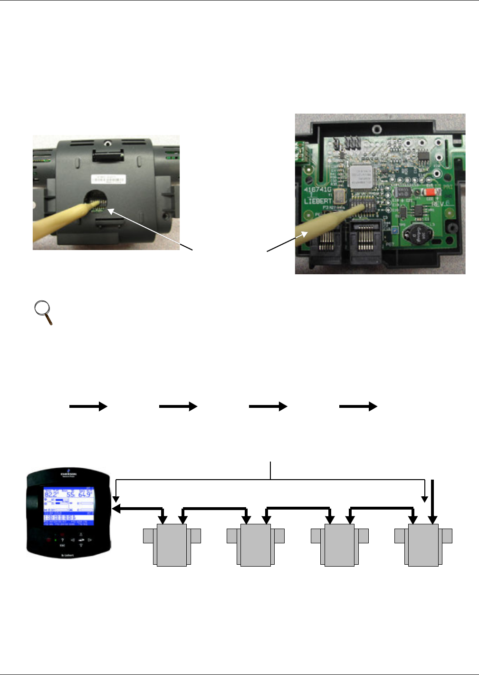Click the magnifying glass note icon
click(x=43, y=312)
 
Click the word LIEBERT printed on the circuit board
click(x=318, y=201)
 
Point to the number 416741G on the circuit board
click(x=318, y=190)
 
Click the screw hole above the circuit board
click(x=376, y=128)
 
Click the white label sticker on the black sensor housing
click(x=109, y=179)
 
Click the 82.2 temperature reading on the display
click(x=51, y=494)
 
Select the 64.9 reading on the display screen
click(x=85, y=494)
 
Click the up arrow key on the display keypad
click(x=81, y=534)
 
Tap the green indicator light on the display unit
click(x=55, y=540)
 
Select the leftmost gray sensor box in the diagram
click(x=172, y=545)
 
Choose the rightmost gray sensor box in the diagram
click(x=423, y=545)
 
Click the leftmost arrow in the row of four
click(x=88, y=406)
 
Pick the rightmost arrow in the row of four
click(x=358, y=406)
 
